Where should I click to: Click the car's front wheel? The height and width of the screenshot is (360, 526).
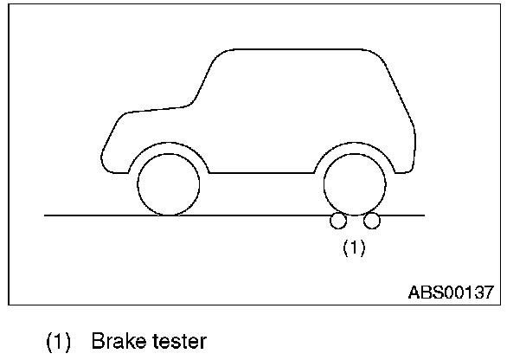point(169,185)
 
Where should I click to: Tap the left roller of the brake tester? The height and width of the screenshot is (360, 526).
point(337,222)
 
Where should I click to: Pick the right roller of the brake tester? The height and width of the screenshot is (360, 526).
point(372,222)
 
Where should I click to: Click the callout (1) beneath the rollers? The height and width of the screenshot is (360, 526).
point(354,247)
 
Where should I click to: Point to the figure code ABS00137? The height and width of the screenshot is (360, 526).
point(450,292)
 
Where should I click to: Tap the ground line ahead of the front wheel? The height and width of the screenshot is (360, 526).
point(87,215)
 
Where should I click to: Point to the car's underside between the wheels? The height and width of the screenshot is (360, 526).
point(260,173)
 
